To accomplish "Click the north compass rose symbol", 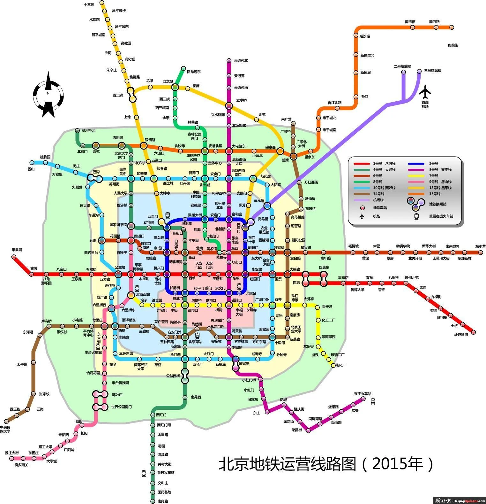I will coord(48,94).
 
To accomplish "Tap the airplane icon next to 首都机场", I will coord(425,92).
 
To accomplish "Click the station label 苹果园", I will coord(17,250).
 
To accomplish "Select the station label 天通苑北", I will coord(241,60).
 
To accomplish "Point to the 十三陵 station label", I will coord(89,5).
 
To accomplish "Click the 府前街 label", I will coord(453,45).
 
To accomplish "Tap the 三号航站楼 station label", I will coord(432,71).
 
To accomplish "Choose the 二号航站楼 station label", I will coord(402,66).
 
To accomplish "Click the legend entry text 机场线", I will coord(378,200).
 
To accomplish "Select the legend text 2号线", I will coord(434,164).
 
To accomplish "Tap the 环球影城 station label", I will coord(461,334).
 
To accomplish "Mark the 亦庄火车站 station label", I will coord(363,394).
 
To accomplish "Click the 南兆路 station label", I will coord(163,501).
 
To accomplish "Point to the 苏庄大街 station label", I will coord(12,453).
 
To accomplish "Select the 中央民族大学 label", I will coord(5,429).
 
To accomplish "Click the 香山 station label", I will coord(31,169).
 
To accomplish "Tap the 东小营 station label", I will coord(480,246).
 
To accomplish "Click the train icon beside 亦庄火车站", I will coord(373,401).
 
